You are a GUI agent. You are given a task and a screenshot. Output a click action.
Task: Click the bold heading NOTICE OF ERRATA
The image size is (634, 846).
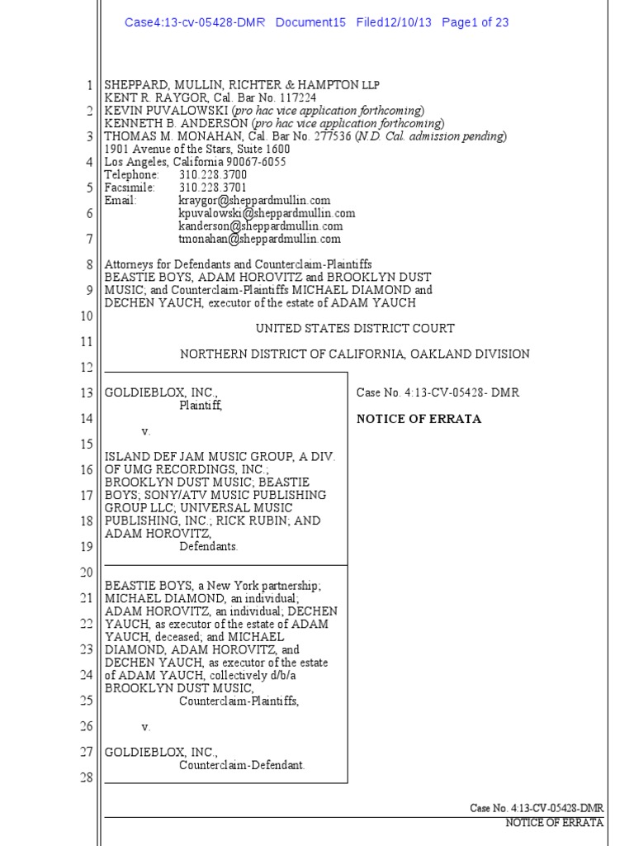click(419, 419)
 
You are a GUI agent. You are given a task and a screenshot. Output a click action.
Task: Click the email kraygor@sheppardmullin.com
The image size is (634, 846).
click(254, 200)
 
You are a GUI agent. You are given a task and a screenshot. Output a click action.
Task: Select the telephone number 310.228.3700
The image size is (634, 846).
click(212, 175)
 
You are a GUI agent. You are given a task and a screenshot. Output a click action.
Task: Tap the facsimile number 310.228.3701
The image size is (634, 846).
click(212, 188)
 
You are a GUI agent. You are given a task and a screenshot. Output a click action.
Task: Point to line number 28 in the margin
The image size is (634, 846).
click(85, 778)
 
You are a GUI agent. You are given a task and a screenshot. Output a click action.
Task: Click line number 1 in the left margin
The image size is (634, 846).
click(89, 85)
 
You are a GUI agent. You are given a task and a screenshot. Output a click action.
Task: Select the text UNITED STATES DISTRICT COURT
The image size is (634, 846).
click(355, 328)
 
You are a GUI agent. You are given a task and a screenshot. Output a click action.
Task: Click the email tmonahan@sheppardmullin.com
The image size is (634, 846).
click(259, 239)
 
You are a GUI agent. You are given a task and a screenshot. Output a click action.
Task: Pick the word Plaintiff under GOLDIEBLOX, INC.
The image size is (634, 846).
click(201, 406)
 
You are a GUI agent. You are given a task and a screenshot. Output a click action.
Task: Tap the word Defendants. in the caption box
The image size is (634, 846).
click(209, 546)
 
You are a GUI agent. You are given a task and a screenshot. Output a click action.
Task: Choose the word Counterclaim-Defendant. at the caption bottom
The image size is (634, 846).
click(242, 765)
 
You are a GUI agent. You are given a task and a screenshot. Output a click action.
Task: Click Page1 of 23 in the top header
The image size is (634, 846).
click(475, 22)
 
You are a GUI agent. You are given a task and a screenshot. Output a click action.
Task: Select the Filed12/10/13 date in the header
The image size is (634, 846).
click(394, 22)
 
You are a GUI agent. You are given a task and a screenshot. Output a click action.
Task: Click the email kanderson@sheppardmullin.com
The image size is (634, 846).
click(260, 226)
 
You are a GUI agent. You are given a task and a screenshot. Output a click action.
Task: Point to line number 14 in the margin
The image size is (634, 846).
click(85, 419)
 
